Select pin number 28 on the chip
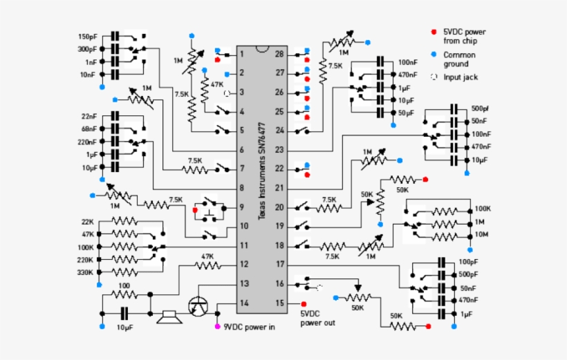click(279, 54)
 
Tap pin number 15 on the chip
click(279, 303)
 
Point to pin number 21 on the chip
click(279, 187)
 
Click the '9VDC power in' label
click(249, 327)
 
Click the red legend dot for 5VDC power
click(434, 32)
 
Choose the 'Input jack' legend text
click(461, 77)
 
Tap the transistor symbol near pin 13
click(198, 305)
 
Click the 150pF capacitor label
click(88, 36)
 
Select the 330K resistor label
click(87, 272)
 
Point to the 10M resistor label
click(481, 234)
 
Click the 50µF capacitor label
click(407, 112)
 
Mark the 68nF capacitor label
click(88, 129)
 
